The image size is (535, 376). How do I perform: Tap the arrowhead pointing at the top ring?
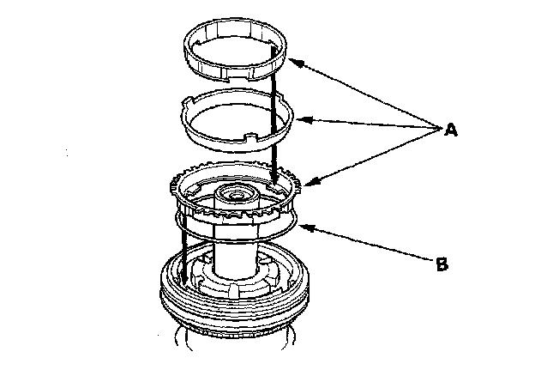tap(292, 60)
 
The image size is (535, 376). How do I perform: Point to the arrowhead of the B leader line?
tap(302, 225)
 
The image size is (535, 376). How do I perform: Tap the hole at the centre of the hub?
tap(234, 195)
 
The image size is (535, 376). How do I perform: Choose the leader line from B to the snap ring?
tap(369, 246)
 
